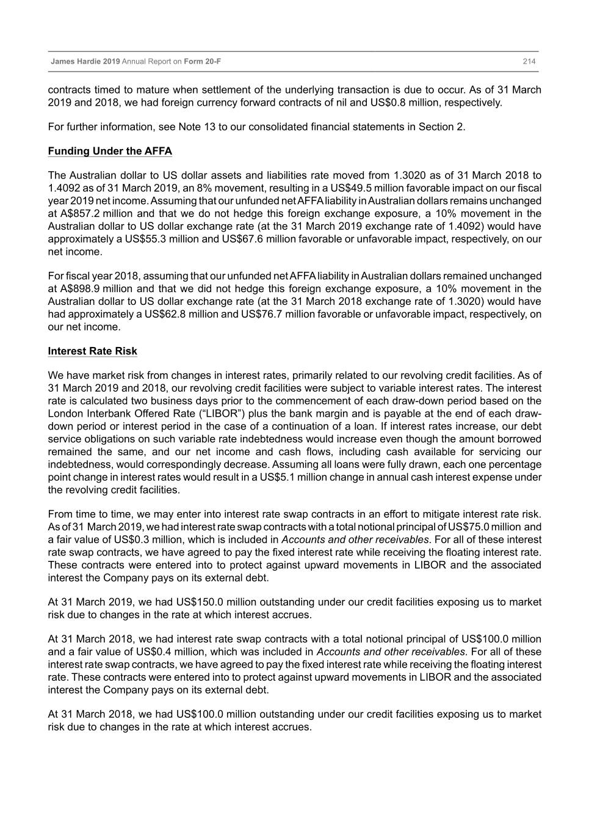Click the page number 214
(529, 62)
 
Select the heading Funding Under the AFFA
(110, 151)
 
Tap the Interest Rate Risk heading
(92, 351)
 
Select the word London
(65, 413)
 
